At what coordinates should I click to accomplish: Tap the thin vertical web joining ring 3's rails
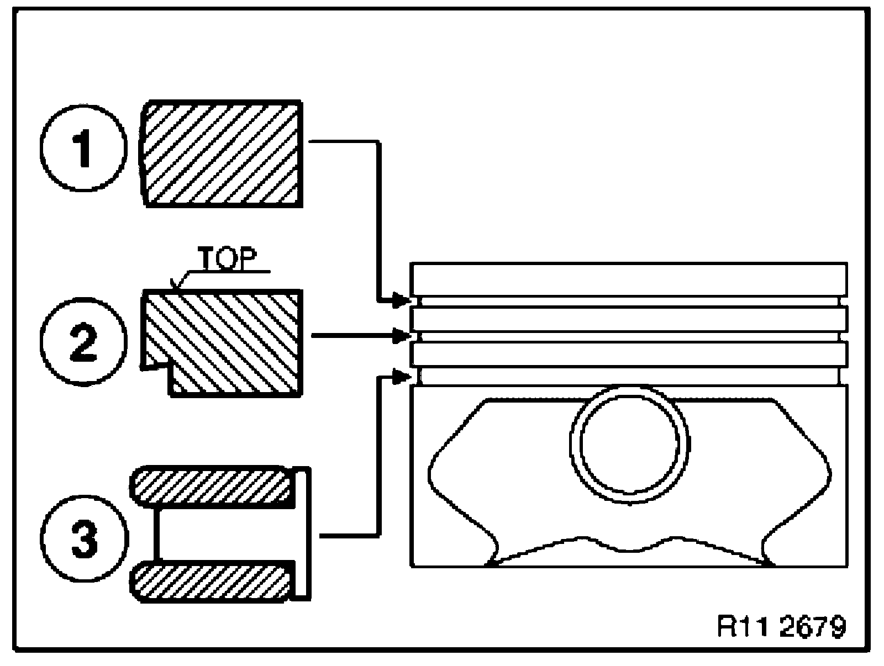[157, 534]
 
